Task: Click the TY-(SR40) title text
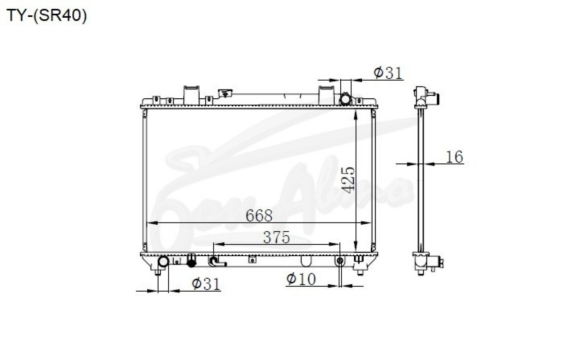[x=47, y=16]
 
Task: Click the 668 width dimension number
[x=259, y=216]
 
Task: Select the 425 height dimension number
[x=348, y=180]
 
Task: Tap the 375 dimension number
[x=276, y=237]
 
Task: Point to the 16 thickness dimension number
[x=454, y=157]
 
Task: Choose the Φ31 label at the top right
[x=388, y=73]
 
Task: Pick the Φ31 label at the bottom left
[x=206, y=284]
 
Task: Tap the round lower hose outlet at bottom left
[x=163, y=262]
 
